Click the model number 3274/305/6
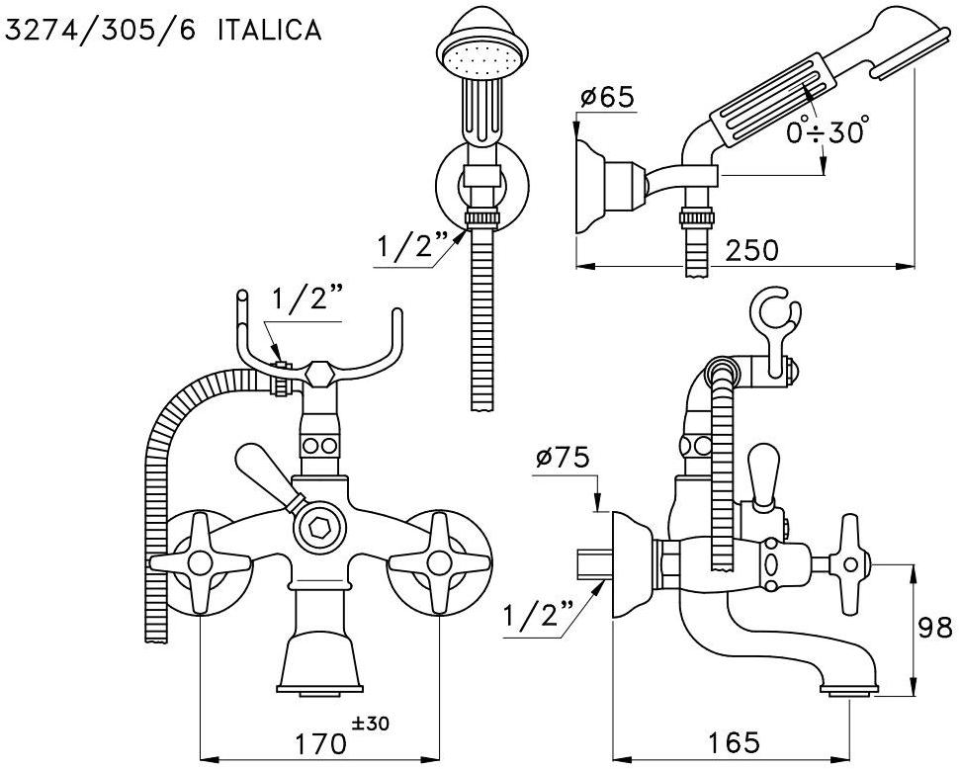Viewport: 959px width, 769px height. [x=99, y=31]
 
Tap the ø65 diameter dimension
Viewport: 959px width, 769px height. [x=607, y=98]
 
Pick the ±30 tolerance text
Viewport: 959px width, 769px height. [x=370, y=724]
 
